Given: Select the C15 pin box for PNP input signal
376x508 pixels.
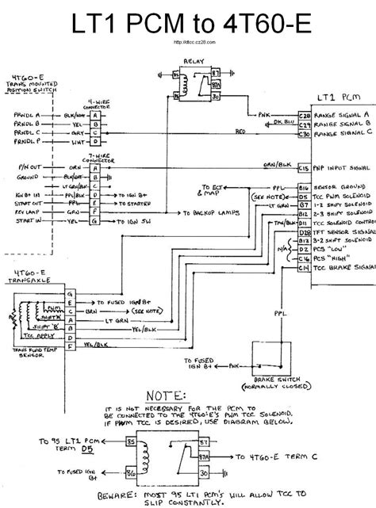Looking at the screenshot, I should pyautogui.click(x=303, y=169).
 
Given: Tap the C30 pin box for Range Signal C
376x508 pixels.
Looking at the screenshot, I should pyautogui.click(x=303, y=134).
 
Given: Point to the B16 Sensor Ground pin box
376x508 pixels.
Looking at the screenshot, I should pyautogui.click(x=303, y=187).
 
